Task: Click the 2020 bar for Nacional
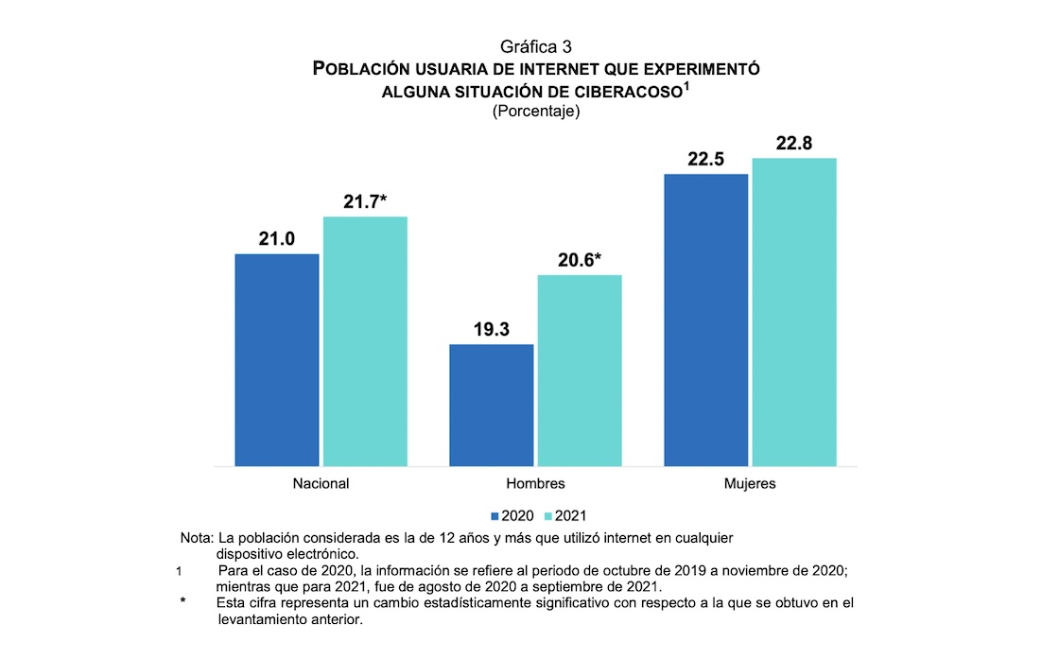[276, 359]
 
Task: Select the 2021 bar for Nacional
[365, 340]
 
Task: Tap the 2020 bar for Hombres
[491, 405]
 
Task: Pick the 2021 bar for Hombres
[580, 370]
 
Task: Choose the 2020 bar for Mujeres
[705, 320]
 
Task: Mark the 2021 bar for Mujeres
[794, 311]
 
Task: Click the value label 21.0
[276, 239]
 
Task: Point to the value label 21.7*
[366, 202]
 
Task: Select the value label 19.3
[491, 330]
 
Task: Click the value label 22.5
[705, 160]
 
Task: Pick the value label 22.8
[794, 143]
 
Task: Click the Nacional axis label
[321, 483]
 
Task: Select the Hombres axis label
[535, 483]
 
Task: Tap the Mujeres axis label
[750, 483]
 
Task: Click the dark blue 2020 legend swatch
[494, 516]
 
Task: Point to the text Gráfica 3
[535, 46]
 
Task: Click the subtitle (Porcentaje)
[535, 111]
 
